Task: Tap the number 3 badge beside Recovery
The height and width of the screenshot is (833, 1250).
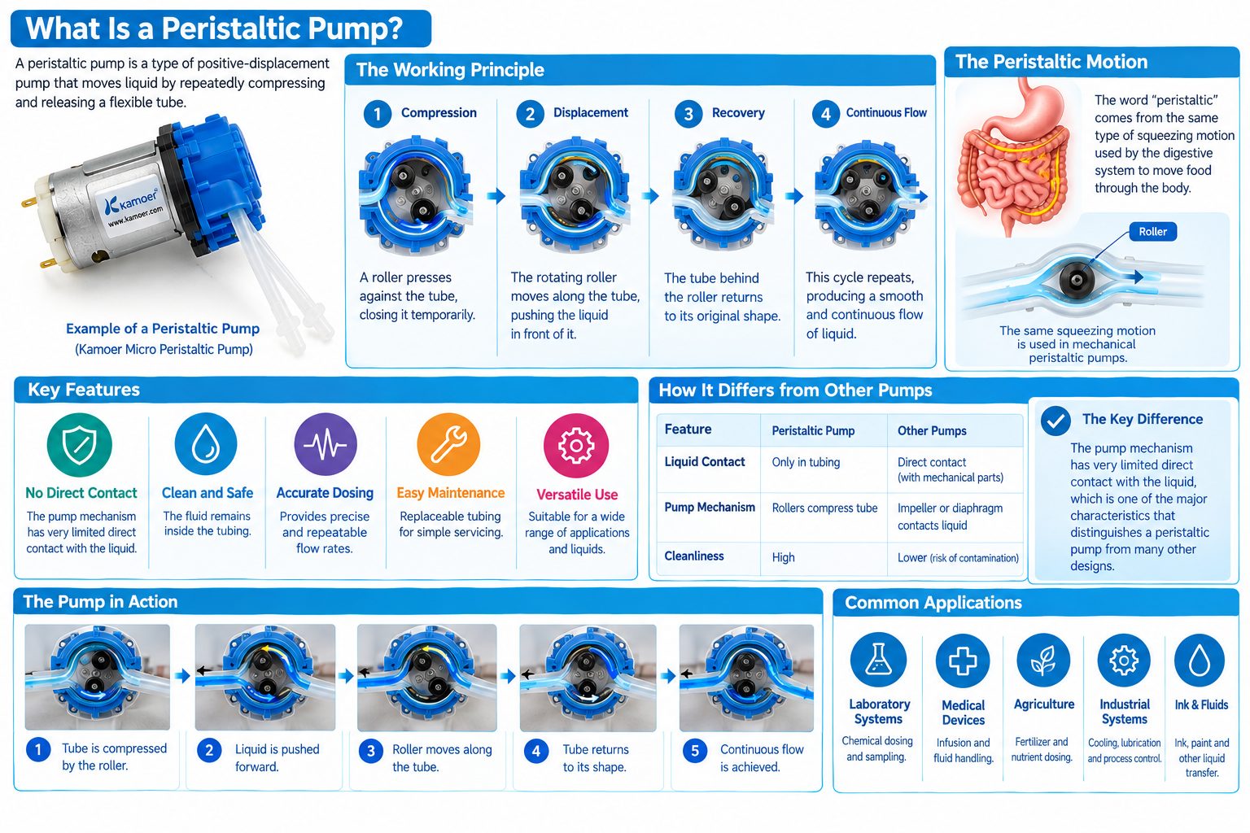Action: pyautogui.click(x=688, y=114)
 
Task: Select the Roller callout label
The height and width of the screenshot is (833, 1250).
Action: pyautogui.click(x=1152, y=232)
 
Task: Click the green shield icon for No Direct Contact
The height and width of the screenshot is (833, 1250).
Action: pyautogui.click(x=80, y=445)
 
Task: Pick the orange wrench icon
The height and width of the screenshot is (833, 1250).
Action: pyautogui.click(x=448, y=444)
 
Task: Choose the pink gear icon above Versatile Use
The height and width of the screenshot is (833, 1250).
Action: pyautogui.click(x=576, y=445)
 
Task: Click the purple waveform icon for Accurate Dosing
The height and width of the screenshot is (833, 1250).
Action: pyautogui.click(x=326, y=444)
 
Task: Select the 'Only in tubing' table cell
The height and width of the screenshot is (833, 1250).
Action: pyautogui.click(x=806, y=462)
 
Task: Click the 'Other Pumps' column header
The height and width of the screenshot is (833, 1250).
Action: pyautogui.click(x=932, y=430)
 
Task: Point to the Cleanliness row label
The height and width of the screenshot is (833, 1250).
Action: pyautogui.click(x=693, y=556)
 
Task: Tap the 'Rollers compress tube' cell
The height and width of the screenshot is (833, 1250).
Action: pyautogui.click(x=824, y=508)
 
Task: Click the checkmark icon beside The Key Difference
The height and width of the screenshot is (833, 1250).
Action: pyautogui.click(x=1056, y=420)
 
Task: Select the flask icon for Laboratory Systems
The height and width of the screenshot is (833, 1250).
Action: pyautogui.click(x=878, y=660)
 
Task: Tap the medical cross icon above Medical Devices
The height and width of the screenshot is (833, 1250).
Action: pyautogui.click(x=963, y=661)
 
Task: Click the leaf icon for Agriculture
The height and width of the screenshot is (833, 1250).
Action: pyautogui.click(x=1043, y=660)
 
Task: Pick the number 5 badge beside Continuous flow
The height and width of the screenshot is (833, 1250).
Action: pyautogui.click(x=695, y=750)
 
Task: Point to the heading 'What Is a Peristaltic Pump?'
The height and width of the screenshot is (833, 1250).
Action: pyautogui.click(x=214, y=28)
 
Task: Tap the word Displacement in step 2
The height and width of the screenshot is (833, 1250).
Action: pyautogui.click(x=590, y=112)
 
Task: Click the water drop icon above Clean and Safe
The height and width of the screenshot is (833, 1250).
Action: pyautogui.click(x=206, y=444)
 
